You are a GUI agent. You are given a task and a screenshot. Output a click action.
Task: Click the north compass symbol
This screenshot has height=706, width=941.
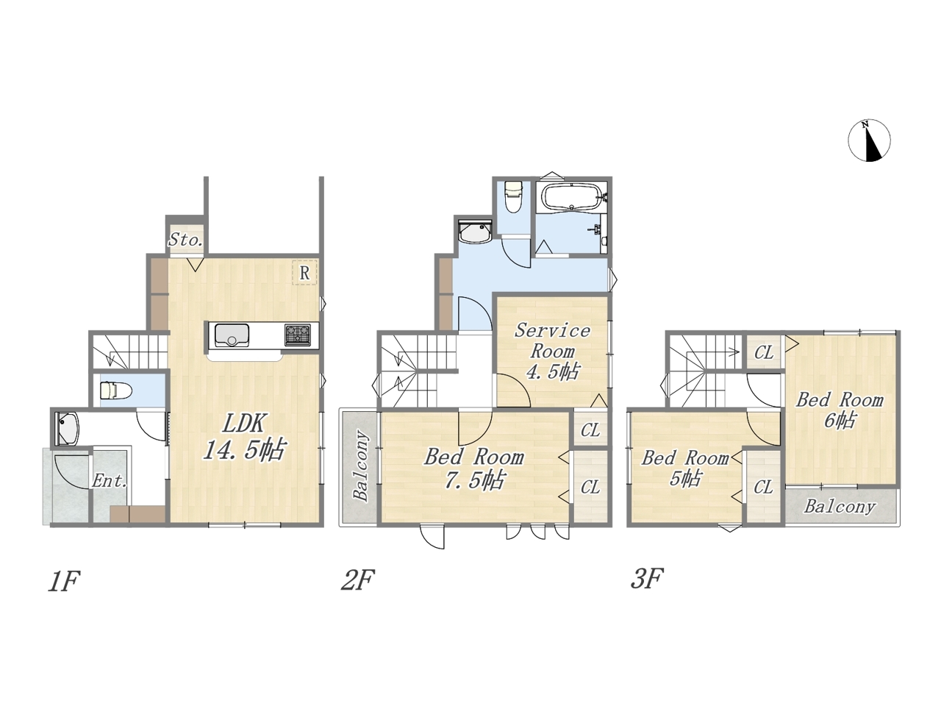pyautogui.click(x=869, y=140)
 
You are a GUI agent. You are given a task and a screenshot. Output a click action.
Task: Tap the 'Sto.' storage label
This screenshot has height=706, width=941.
pyautogui.click(x=185, y=239)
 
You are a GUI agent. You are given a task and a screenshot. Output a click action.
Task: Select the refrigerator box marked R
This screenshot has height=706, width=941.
pyautogui.click(x=305, y=272)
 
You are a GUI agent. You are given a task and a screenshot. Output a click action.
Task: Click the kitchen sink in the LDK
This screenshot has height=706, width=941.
pyautogui.click(x=232, y=335)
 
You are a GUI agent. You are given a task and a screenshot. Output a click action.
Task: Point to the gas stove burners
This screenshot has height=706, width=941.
pyautogui.click(x=298, y=335)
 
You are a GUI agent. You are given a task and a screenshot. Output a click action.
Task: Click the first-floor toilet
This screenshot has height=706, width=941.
pyautogui.click(x=115, y=391)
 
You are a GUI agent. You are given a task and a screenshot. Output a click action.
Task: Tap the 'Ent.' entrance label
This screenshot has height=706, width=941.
pyautogui.click(x=110, y=481)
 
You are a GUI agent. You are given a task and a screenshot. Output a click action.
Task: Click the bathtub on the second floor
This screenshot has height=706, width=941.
pyautogui.click(x=571, y=197)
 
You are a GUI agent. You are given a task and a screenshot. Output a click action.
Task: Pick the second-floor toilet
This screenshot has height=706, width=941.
pyautogui.click(x=512, y=197)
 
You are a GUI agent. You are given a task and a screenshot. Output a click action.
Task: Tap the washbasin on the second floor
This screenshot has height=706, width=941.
pyautogui.click(x=475, y=232)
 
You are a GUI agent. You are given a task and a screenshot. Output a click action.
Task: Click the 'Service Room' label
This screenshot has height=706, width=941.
pyautogui.click(x=552, y=340)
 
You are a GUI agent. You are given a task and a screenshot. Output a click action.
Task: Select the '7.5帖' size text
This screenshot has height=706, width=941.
pyautogui.click(x=474, y=479)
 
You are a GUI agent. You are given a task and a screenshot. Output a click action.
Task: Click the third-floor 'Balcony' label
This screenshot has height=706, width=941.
pyautogui.click(x=839, y=507)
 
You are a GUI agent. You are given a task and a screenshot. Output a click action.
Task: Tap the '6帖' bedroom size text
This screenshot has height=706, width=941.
pyautogui.click(x=840, y=420)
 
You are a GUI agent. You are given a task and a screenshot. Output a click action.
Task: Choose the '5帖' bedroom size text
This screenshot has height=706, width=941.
pyautogui.click(x=685, y=478)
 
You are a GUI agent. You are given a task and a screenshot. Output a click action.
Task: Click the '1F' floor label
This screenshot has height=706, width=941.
pyautogui.click(x=64, y=581)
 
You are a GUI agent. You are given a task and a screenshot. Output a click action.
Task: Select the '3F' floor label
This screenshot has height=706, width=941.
pyautogui.click(x=647, y=578)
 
